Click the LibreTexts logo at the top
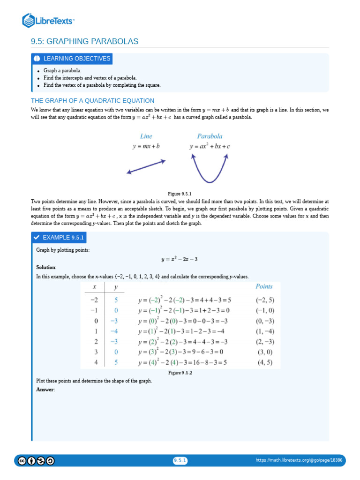click(x=48, y=20)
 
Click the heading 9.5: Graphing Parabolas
click(x=84, y=42)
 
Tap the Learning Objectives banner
click(x=72, y=59)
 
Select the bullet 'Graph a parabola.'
click(x=62, y=70)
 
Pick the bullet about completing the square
click(x=102, y=85)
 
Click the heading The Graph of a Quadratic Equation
click(x=92, y=100)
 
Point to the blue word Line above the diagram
click(x=146, y=136)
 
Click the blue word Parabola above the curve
click(x=210, y=136)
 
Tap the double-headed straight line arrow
click(x=146, y=167)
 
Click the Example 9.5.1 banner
click(x=59, y=238)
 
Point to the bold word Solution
click(x=46, y=267)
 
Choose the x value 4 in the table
click(x=96, y=362)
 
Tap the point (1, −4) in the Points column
click(x=265, y=331)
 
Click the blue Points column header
click(x=264, y=286)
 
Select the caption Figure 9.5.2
click(x=180, y=373)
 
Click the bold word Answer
click(x=45, y=390)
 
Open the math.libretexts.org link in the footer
click(x=299, y=460)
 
